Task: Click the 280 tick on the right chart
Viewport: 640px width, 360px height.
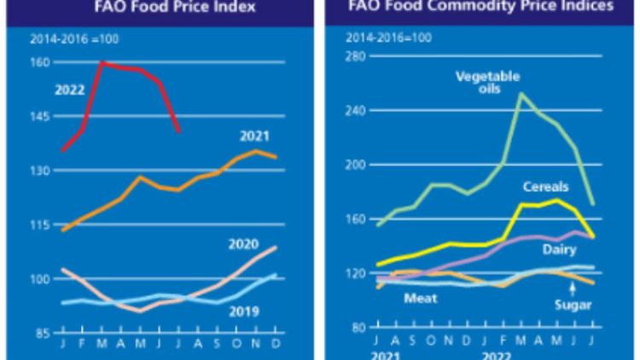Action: pos(355,56)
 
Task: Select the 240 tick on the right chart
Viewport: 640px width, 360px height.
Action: pos(355,111)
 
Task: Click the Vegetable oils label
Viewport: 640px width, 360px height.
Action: pos(488,83)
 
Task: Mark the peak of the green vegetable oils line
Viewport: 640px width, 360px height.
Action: pos(521,94)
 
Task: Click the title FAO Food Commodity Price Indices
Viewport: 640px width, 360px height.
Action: pos(484,6)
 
